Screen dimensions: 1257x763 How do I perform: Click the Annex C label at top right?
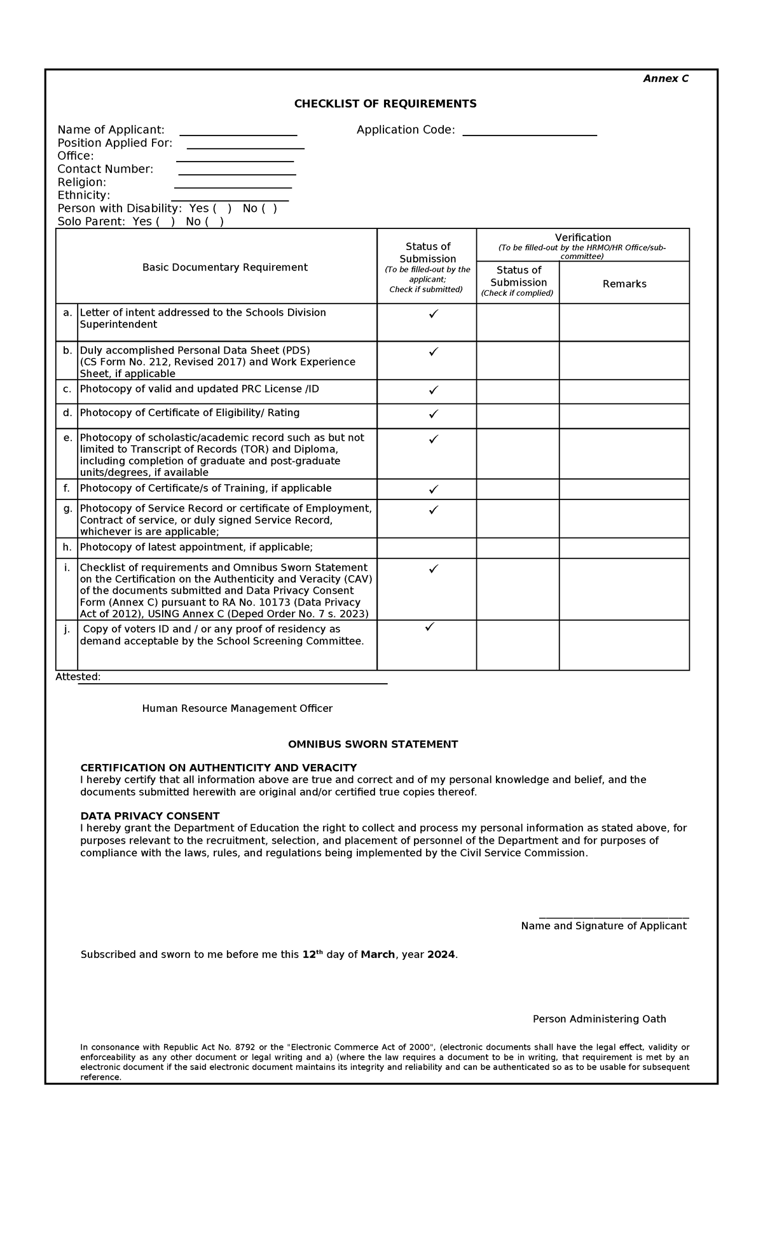[665, 79]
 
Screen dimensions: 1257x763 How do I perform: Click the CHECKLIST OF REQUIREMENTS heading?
[385, 104]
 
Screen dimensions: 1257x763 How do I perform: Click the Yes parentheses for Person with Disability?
[222, 209]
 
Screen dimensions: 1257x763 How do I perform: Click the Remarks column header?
[624, 284]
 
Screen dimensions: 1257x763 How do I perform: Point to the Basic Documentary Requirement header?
[224, 267]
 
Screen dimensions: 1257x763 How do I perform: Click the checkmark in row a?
[433, 314]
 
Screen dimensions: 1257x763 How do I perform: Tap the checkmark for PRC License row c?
[433, 390]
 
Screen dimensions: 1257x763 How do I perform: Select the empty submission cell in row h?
[427, 548]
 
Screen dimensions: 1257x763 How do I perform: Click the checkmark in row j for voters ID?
[429, 627]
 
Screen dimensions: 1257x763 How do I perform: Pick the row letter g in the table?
[67, 508]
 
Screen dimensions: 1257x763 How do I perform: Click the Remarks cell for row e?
[624, 454]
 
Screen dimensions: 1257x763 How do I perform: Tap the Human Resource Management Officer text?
[237, 709]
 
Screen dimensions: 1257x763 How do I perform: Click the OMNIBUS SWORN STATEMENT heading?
[373, 744]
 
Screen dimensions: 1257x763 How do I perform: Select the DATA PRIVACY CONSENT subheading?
[149, 816]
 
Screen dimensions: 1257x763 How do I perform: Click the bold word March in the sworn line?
[378, 955]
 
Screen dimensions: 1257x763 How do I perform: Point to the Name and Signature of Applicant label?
[603, 926]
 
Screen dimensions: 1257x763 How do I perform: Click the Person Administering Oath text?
[599, 1019]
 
